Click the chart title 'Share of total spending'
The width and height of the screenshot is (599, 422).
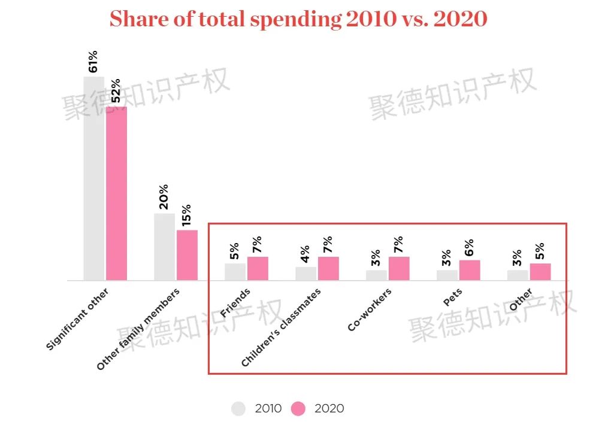298,19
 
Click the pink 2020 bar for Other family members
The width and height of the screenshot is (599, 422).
187,255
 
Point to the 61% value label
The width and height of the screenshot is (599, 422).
93,62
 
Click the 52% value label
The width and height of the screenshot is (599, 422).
116,91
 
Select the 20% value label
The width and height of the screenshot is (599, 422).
164,197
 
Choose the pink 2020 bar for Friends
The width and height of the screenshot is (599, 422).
258,268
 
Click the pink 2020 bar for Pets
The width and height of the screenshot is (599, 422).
470,270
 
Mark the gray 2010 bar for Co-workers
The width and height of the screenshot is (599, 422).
376,275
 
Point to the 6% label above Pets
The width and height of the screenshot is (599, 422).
469,247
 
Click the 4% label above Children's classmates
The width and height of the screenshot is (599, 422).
305,254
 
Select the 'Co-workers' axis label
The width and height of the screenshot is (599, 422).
370,309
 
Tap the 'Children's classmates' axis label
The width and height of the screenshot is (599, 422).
281,327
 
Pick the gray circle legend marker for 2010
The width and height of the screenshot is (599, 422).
238,409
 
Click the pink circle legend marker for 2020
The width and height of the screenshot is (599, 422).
298,409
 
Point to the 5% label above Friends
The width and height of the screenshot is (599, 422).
234,251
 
